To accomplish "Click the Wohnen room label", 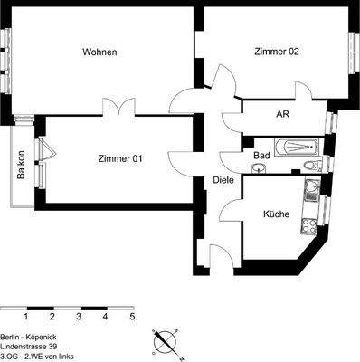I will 99,52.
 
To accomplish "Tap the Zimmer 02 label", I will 277,52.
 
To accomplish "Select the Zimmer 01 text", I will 120,158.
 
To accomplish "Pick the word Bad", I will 261,156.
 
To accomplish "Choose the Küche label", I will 276,214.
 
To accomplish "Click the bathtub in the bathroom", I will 296,145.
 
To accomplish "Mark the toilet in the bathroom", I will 310,166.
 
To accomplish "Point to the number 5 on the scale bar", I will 132,318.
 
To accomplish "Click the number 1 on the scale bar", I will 26,318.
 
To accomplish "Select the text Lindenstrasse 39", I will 32,347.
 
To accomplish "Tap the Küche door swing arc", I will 230,210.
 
